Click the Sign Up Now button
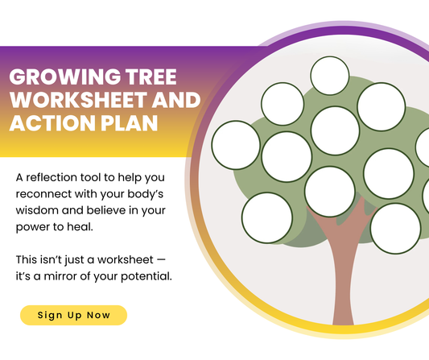[73, 315]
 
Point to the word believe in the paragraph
[113, 211]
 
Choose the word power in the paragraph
[35, 228]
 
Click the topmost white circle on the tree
[330, 75]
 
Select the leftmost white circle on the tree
[236, 145]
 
